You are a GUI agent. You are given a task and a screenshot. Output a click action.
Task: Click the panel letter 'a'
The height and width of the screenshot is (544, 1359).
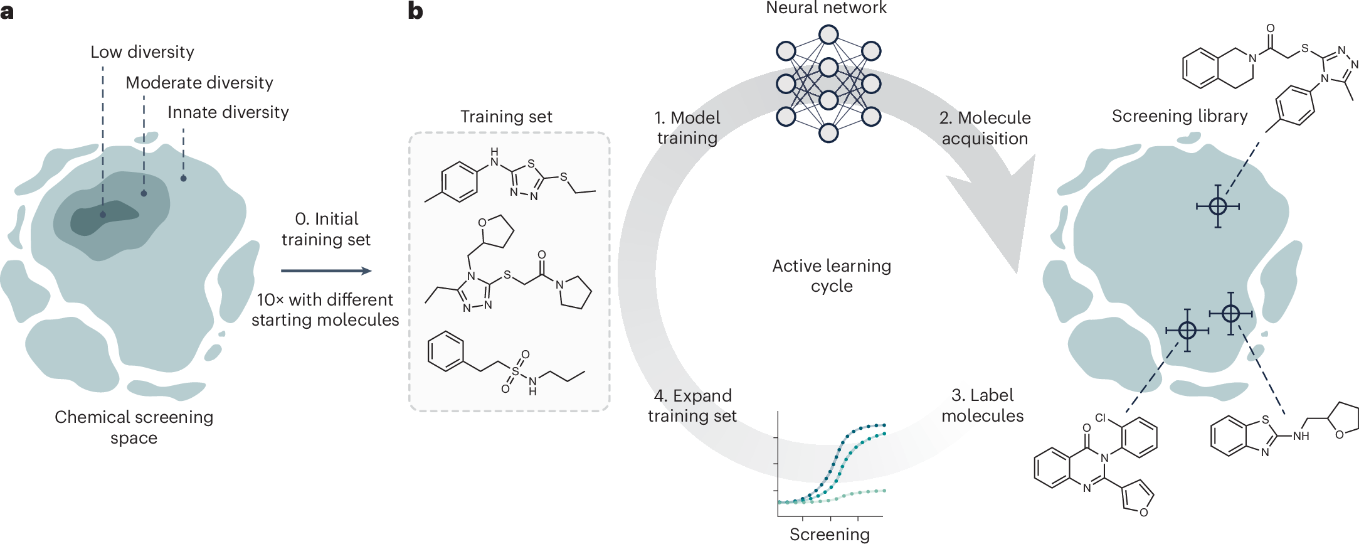click(x=7, y=11)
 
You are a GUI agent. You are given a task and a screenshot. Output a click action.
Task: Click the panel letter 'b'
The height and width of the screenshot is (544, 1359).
click(x=415, y=11)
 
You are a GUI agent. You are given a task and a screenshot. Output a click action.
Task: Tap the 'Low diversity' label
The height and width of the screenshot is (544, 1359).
click(x=142, y=52)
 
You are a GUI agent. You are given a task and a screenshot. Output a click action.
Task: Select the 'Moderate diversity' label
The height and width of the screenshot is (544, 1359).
click(x=199, y=83)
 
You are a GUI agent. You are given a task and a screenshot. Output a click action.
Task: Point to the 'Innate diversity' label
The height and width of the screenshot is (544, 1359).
click(x=228, y=112)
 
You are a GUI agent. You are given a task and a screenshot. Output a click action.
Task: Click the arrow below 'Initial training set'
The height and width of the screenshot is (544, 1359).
click(x=326, y=271)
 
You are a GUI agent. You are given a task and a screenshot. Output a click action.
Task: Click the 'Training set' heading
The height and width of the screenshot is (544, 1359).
click(x=506, y=117)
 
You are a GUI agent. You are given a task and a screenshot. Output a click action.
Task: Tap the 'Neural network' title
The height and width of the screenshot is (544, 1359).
click(x=826, y=8)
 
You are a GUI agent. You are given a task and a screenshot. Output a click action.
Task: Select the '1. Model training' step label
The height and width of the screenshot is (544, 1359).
click(x=687, y=128)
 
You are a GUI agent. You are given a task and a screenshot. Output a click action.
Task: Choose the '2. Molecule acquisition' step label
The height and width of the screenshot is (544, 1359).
click(x=985, y=128)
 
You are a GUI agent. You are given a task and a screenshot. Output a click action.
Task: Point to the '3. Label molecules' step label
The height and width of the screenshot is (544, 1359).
click(x=982, y=405)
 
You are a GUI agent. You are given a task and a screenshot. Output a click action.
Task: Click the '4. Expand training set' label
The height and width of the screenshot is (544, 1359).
click(x=692, y=406)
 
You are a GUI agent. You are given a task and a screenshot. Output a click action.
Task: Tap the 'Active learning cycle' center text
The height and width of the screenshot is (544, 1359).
click(x=832, y=275)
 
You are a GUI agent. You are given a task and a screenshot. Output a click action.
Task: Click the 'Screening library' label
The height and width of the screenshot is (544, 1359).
click(x=1180, y=116)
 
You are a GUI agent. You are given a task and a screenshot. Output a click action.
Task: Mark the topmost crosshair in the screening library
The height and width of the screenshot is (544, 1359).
click(x=1217, y=206)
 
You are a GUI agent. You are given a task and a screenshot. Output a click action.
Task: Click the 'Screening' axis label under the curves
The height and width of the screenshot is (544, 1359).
click(x=830, y=534)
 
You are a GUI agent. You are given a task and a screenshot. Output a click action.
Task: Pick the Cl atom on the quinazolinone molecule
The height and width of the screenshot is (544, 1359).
click(x=1101, y=418)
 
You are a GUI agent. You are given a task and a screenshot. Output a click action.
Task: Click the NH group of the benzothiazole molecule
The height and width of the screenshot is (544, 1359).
click(x=1301, y=436)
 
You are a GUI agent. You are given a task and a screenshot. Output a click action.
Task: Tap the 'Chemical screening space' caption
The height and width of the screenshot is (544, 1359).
click(x=134, y=427)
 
